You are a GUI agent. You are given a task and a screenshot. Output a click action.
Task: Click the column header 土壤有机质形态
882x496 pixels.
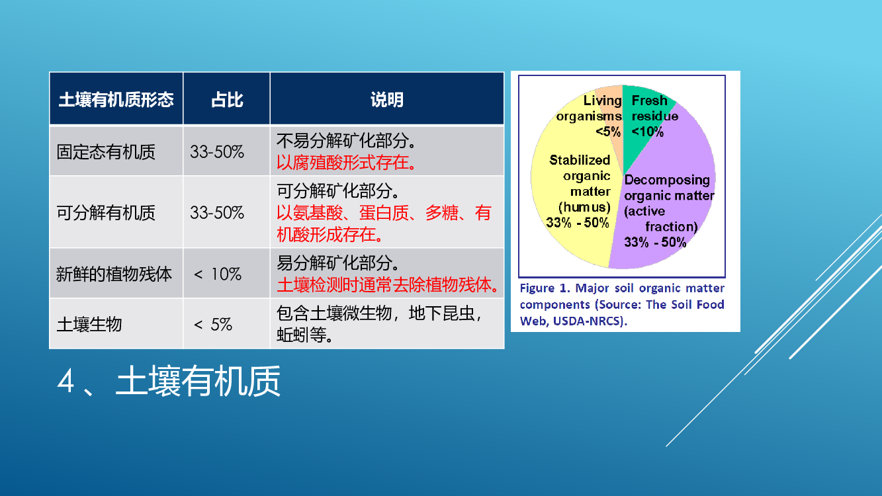click(x=116, y=100)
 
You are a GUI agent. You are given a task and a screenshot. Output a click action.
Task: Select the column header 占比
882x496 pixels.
click(x=227, y=100)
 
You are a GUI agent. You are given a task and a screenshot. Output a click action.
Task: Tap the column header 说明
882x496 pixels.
click(x=386, y=100)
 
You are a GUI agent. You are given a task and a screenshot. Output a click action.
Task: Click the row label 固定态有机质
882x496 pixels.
click(x=106, y=152)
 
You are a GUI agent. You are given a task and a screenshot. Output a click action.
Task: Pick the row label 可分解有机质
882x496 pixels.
click(x=106, y=212)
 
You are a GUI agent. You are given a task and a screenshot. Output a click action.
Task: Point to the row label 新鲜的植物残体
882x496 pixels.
click(x=114, y=274)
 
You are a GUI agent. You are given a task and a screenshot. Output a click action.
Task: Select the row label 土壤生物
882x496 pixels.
click(x=89, y=324)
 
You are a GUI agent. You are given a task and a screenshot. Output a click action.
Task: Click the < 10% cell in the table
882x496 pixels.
click(x=217, y=274)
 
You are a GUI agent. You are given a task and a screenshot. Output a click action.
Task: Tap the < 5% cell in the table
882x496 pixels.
click(x=212, y=325)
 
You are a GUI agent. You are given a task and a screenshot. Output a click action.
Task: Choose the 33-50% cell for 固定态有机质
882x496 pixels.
click(x=217, y=152)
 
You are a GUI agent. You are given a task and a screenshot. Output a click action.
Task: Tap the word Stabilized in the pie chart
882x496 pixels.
click(x=580, y=160)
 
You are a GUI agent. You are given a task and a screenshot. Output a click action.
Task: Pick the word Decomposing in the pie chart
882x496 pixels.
click(x=667, y=180)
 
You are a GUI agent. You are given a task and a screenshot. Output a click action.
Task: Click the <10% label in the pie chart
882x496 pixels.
click(x=647, y=132)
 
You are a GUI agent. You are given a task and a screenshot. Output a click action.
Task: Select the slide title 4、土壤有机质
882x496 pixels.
click(x=169, y=381)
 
